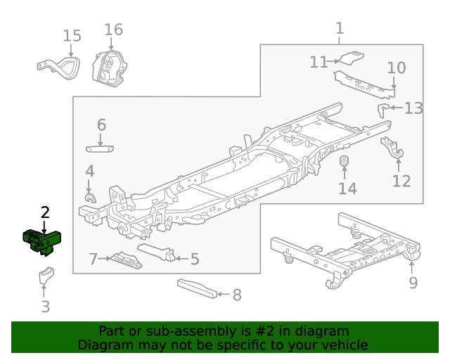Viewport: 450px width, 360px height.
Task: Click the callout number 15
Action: tap(72, 36)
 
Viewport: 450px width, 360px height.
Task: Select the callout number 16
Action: tap(113, 30)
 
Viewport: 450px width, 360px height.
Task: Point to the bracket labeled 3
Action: tap(46, 276)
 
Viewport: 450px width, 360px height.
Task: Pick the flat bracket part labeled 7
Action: tap(127, 259)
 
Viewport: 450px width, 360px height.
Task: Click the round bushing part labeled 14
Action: tap(345, 165)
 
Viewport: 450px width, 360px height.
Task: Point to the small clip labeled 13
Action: tap(384, 108)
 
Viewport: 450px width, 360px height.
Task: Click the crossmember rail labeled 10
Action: tap(363, 81)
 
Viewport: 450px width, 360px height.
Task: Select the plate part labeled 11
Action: tap(349, 58)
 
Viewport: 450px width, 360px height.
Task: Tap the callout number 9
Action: tap(413, 283)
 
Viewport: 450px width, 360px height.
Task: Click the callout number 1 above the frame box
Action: tap(340, 28)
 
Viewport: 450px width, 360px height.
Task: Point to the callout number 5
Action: tap(195, 259)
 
